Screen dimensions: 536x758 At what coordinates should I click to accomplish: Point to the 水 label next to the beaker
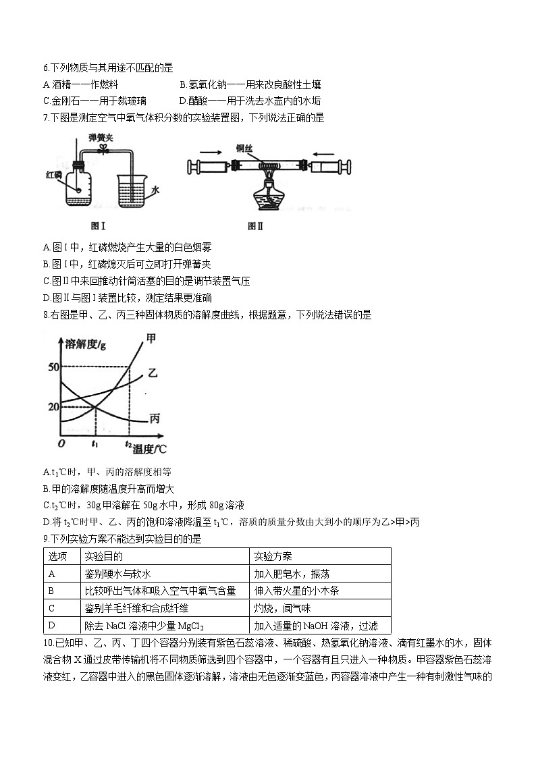click(155, 190)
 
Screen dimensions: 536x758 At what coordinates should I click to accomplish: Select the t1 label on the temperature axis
click(95, 444)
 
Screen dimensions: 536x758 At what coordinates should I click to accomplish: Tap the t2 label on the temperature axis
click(128, 444)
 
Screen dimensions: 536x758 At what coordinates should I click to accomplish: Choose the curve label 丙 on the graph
click(154, 419)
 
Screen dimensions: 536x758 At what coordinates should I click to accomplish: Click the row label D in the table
click(52, 626)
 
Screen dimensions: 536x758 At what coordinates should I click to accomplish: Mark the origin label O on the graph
click(61, 443)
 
